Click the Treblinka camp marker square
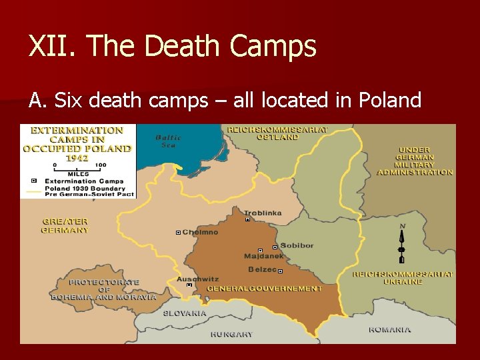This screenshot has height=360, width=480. pyautogui.click(x=247, y=219)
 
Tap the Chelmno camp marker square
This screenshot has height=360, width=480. pyautogui.click(x=178, y=233)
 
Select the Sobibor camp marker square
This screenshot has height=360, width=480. pyautogui.click(x=275, y=247)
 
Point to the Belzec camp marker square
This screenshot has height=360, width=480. pyautogui.click(x=280, y=271)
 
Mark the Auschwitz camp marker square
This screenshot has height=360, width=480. pyautogui.click(x=189, y=285)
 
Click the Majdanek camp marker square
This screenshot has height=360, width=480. pyautogui.click(x=260, y=251)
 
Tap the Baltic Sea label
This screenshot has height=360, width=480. pyautogui.click(x=168, y=141)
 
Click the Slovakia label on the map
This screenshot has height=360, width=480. pyautogui.click(x=185, y=313)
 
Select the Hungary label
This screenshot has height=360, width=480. pyautogui.click(x=231, y=334)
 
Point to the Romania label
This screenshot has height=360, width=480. pyautogui.click(x=390, y=329)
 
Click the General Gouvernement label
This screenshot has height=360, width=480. pyautogui.click(x=264, y=289)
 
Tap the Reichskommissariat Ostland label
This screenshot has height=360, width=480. pyautogui.click(x=277, y=133)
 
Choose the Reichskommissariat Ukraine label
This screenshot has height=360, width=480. pyautogui.click(x=403, y=278)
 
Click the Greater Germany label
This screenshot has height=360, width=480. pyautogui.click(x=65, y=226)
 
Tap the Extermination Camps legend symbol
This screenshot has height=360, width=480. pyautogui.click(x=33, y=181)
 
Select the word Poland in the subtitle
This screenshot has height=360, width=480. pyautogui.click(x=390, y=100)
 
